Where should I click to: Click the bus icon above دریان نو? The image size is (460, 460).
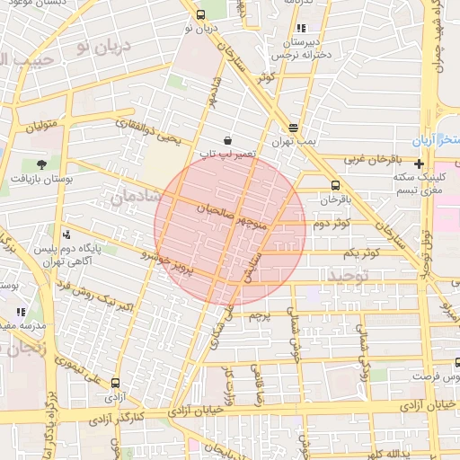pos(199,14)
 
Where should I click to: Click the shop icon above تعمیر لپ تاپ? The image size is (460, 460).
pos(228,140)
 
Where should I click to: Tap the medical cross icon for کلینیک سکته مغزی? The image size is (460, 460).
pos(419,164)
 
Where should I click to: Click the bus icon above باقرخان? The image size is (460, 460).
pos(336,185)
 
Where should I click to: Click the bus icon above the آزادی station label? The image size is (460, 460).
pos(114,382)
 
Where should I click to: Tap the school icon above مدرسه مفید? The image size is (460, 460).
pos(20,312)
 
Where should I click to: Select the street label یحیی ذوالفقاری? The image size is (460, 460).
pos(151,131)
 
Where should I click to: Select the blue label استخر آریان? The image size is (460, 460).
pos(435,142)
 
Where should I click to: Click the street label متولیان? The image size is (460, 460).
pos(40,123)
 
